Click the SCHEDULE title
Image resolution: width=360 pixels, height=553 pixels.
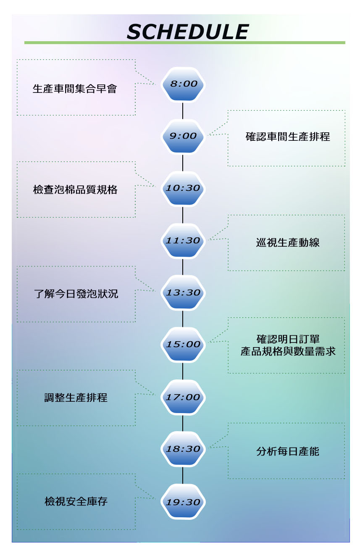pyautogui.click(x=187, y=32)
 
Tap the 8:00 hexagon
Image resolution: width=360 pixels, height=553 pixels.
pyautogui.click(x=184, y=84)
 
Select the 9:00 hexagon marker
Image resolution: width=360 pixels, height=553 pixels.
pyautogui.click(x=184, y=136)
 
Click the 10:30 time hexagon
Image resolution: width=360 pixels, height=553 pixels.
pyautogui.click(x=184, y=188)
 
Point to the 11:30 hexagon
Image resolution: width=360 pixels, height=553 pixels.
pyautogui.click(x=184, y=241)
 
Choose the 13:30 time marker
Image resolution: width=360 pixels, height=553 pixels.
pyautogui.click(x=184, y=293)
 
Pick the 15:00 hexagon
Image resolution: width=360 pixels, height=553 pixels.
pyautogui.click(x=184, y=345)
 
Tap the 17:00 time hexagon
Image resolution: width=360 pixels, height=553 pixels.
pyautogui.click(x=184, y=397)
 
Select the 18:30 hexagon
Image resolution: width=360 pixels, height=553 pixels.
pyautogui.click(x=184, y=449)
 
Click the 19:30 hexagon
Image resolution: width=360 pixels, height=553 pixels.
pyautogui.click(x=184, y=502)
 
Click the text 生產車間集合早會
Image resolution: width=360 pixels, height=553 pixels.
pyautogui.click(x=75, y=89)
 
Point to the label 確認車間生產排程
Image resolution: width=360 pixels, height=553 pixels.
pyautogui.click(x=288, y=137)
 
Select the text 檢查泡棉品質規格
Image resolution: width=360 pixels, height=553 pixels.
pyautogui.click(x=75, y=190)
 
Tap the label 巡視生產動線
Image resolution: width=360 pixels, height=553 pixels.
pyautogui.click(x=288, y=242)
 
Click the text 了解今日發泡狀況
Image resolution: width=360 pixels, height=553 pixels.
pyautogui.click(x=76, y=294)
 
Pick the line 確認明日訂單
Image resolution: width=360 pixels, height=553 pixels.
pyautogui.click(x=288, y=339)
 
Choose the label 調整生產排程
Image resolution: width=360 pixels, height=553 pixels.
pyautogui.click(x=76, y=398)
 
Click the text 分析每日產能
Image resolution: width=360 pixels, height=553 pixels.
pyautogui.click(x=288, y=452)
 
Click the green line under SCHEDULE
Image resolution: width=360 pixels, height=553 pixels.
pyautogui.click(x=184, y=43)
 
